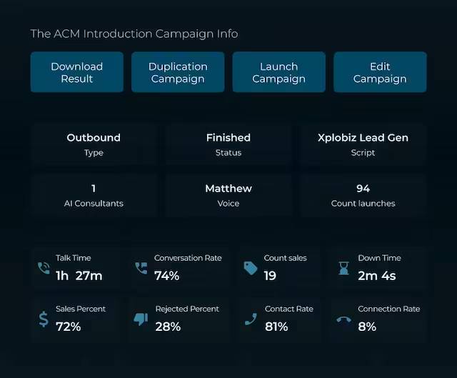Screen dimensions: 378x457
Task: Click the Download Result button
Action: (76, 72)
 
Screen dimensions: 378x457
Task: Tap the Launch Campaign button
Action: (278, 72)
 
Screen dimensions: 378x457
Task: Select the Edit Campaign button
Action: (380, 72)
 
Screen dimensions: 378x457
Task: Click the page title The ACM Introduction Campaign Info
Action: (134, 34)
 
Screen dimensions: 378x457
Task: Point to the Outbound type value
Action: (94, 138)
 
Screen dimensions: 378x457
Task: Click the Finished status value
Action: (228, 138)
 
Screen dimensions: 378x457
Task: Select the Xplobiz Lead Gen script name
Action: (363, 138)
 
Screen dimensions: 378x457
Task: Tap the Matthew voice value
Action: (228, 189)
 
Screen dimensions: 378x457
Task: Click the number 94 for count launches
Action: (363, 189)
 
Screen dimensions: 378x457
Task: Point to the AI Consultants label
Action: (94, 204)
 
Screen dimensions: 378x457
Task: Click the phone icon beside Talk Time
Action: (43, 268)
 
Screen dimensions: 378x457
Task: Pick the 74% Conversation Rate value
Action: (167, 275)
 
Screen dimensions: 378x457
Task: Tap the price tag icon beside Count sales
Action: (250, 268)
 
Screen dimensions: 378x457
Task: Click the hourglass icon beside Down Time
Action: (343, 268)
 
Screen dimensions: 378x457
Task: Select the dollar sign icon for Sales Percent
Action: (43, 319)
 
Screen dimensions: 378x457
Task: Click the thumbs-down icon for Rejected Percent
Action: (141, 319)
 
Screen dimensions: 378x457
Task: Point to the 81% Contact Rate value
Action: (276, 327)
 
